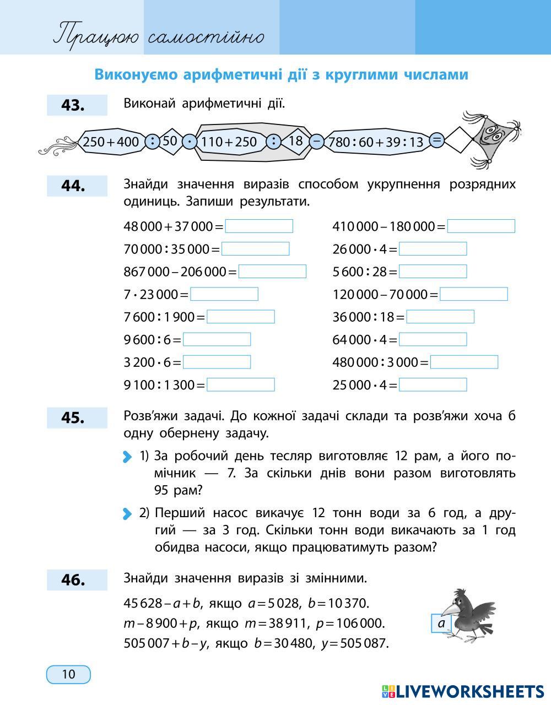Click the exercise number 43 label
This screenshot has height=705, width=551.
tap(77, 105)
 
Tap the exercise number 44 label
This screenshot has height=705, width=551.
tap(77, 186)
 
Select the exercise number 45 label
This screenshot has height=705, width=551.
tap(77, 417)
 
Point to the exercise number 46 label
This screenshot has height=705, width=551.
tap(77, 579)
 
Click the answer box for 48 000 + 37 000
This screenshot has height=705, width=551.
tap(259, 226)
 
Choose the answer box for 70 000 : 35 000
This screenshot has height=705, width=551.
tap(255, 249)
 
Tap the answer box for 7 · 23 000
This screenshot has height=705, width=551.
tap(224, 294)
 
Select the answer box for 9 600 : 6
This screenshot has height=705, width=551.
tap(217, 339)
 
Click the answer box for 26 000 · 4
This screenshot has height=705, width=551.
tap(433, 249)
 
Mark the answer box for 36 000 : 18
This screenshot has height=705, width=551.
tap(440, 317)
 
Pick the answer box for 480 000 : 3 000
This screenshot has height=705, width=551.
tap(464, 362)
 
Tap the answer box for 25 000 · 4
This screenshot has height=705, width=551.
tap(433, 384)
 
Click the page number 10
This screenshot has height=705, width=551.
tap(68, 674)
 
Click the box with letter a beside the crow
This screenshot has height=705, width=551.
tap(441, 623)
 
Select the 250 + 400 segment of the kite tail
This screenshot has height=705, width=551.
tap(111, 142)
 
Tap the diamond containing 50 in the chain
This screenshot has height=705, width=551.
tap(170, 141)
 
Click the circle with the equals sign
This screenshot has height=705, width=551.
tap(436, 140)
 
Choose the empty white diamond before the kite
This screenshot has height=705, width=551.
tap(459, 140)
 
